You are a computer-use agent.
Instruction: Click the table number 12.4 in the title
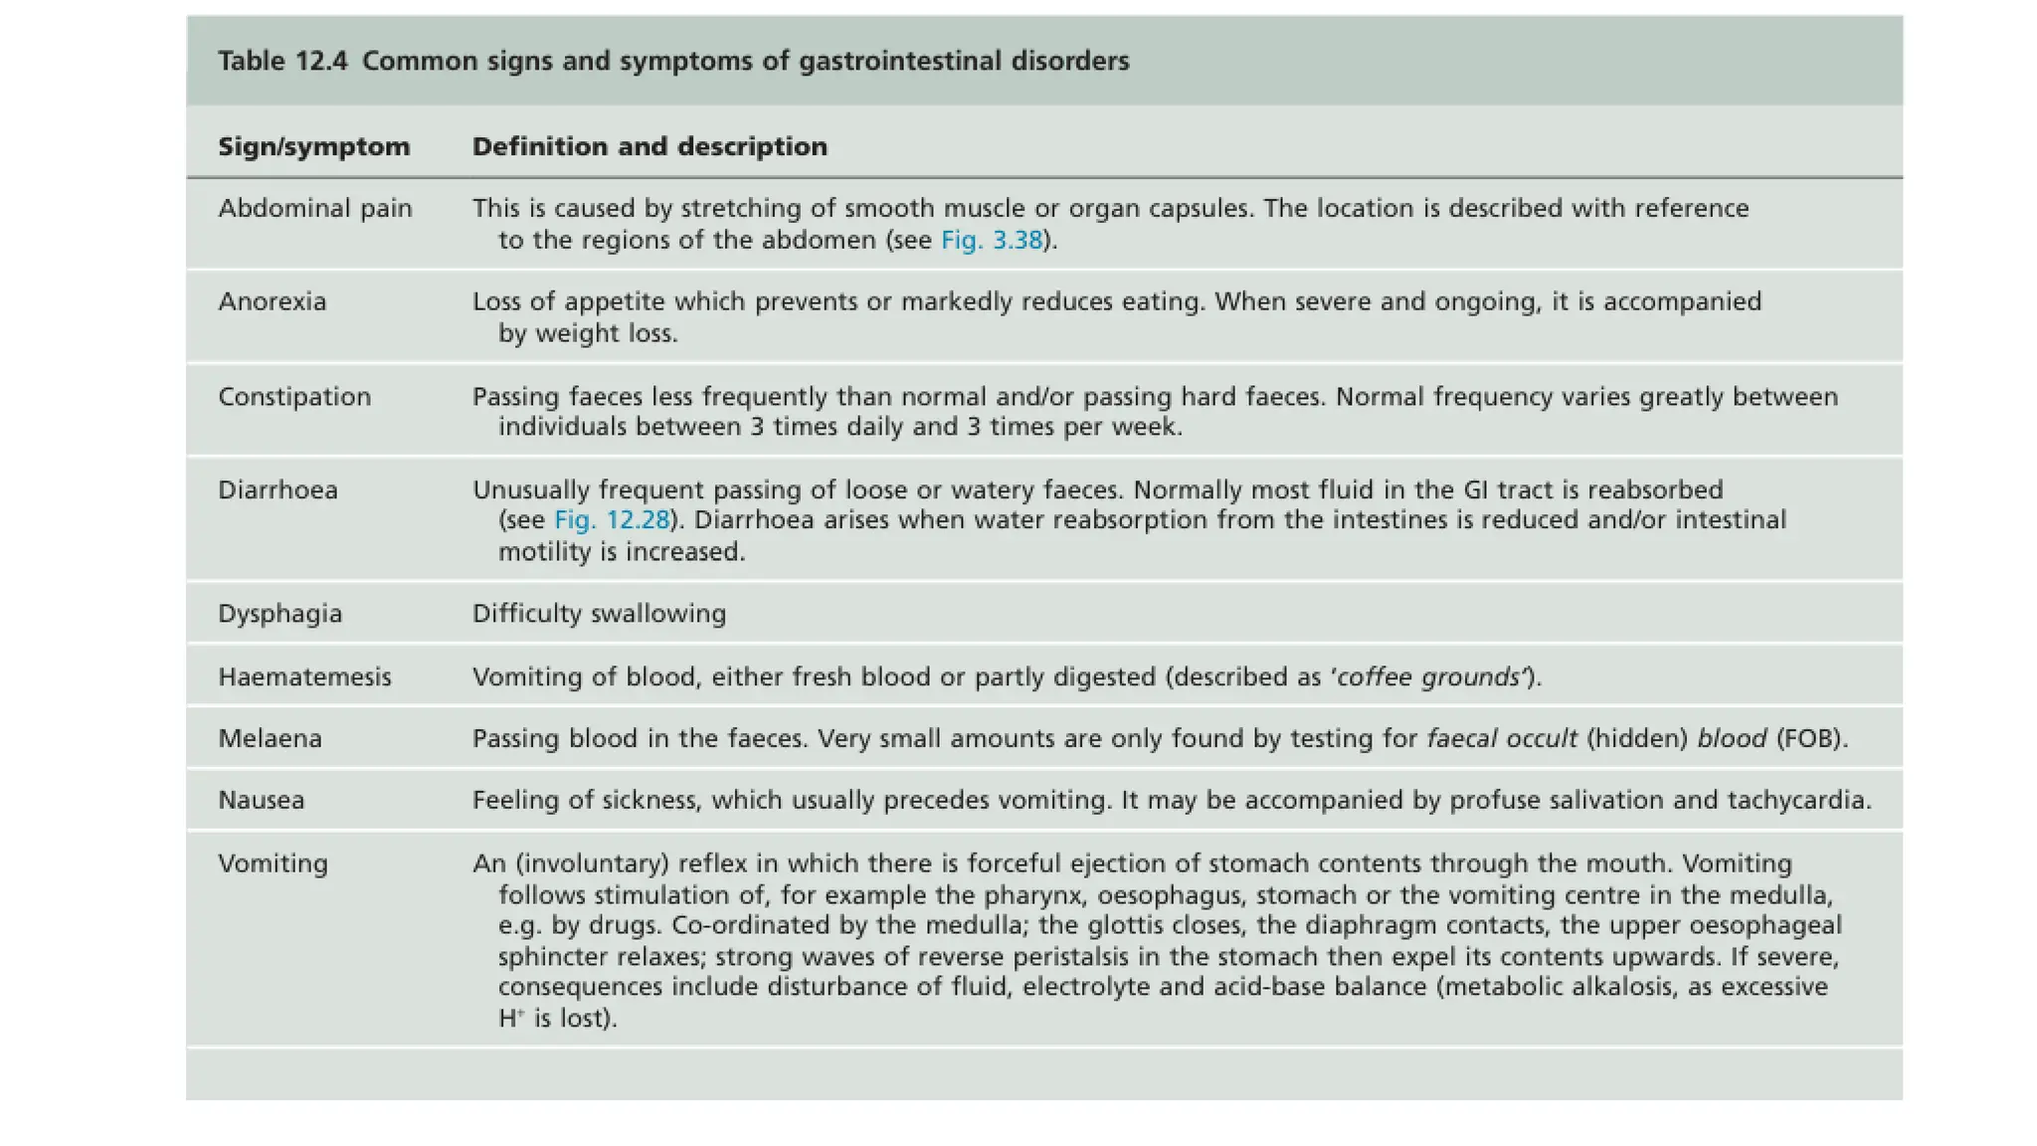click(x=321, y=62)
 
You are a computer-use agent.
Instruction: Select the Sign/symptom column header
click(x=313, y=147)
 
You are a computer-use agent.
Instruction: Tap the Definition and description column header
click(x=649, y=147)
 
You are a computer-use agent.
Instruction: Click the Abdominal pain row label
click(x=314, y=209)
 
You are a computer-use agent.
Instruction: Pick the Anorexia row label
click(x=272, y=302)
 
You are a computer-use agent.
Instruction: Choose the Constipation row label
click(x=294, y=397)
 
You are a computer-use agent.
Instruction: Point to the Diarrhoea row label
click(x=278, y=490)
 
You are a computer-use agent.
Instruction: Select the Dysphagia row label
click(x=279, y=614)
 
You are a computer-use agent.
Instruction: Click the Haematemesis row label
click(x=304, y=677)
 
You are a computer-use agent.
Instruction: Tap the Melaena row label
click(x=270, y=739)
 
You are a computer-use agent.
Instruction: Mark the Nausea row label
click(x=261, y=801)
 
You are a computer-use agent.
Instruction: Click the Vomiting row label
click(x=273, y=863)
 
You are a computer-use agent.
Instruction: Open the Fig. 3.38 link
click(x=991, y=241)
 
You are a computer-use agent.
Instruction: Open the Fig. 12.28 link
click(x=612, y=520)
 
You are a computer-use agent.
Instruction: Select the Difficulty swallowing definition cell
click(x=599, y=614)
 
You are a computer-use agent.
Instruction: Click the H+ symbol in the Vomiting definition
click(x=510, y=1019)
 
